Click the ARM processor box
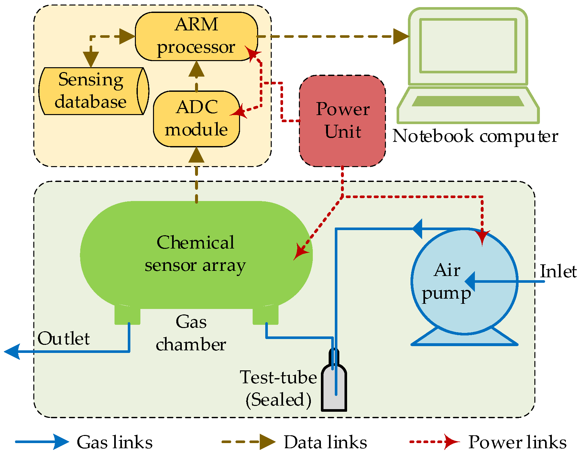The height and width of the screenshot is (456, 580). tap(196, 36)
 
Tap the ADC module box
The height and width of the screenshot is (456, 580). tap(196, 119)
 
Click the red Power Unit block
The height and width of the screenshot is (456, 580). tap(342, 121)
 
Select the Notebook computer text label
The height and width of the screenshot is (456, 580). tap(475, 136)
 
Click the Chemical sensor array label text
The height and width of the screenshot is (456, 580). tap(195, 254)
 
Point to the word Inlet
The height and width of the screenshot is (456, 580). tap(558, 271)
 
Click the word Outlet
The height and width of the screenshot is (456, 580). tap(64, 339)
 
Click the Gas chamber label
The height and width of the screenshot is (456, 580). tap(191, 333)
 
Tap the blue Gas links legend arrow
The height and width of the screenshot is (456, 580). tap(42, 441)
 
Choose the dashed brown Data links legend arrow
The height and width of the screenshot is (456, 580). tap(248, 441)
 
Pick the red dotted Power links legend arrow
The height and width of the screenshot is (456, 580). tap(434, 441)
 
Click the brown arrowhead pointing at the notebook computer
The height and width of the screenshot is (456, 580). tap(401, 37)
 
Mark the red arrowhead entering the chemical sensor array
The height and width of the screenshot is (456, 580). tap(300, 252)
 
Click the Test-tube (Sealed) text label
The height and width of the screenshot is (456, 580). tap(278, 388)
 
